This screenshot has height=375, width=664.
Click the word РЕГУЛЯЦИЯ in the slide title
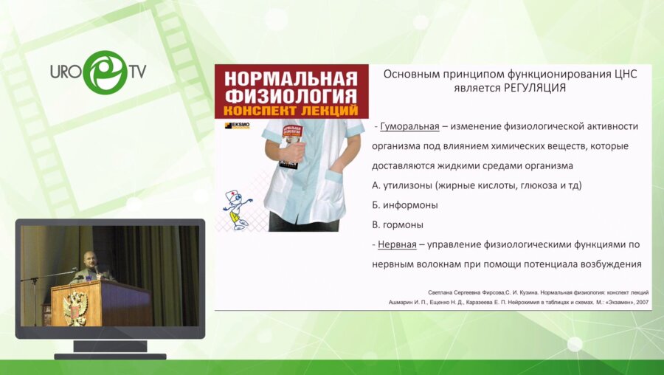(x=534, y=88)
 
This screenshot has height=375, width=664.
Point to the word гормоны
(x=403, y=224)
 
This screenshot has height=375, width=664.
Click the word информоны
(x=411, y=204)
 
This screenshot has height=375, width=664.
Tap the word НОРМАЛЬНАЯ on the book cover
(x=291, y=78)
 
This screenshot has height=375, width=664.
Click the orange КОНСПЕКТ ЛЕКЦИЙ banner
(x=291, y=110)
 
